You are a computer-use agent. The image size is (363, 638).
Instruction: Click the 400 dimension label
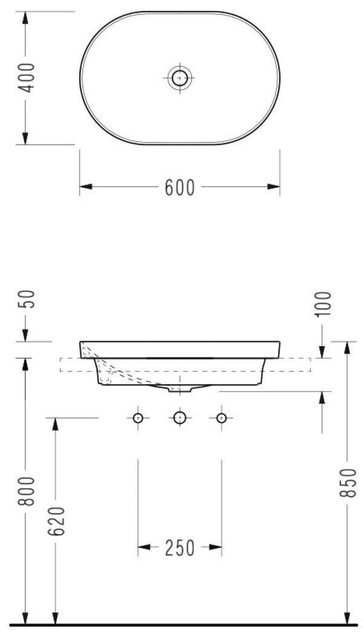point(27,78)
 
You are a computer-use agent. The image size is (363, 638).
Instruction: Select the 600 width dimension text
point(180,187)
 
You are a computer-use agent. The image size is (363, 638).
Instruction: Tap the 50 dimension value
point(27,299)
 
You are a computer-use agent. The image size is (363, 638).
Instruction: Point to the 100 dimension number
point(323,304)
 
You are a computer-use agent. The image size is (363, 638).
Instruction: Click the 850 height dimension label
point(347,482)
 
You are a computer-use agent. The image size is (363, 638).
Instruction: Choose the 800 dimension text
point(27,491)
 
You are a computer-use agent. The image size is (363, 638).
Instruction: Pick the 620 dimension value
point(57,521)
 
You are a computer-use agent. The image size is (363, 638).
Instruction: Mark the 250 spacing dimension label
point(180,549)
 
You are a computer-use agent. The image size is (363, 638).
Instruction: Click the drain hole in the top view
point(180,77)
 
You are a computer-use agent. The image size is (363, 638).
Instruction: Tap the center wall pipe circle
point(180,417)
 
